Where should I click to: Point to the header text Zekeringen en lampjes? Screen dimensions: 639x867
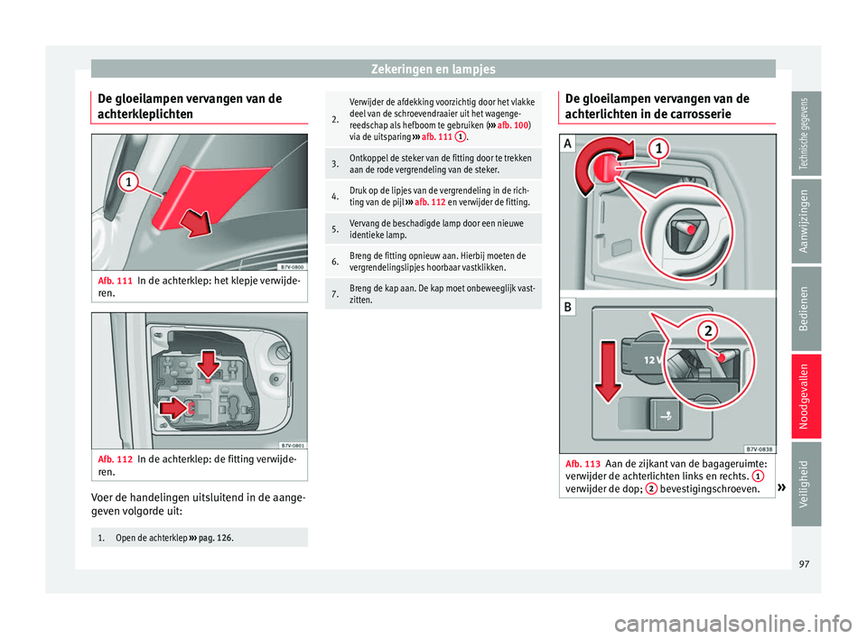point(433,68)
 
